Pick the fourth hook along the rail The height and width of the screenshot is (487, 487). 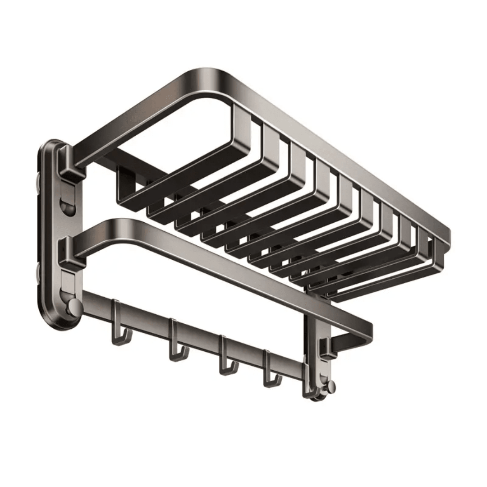pos(271,374)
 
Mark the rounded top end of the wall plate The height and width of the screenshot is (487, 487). pos(56,147)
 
